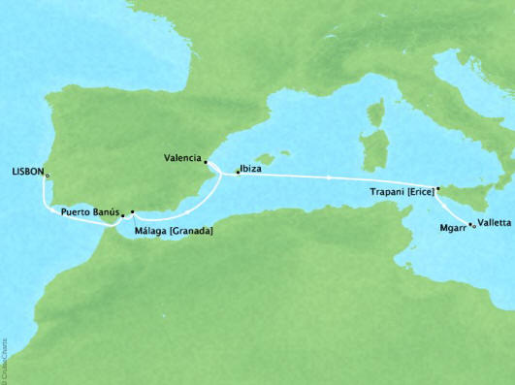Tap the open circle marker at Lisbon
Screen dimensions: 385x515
[x=47, y=176]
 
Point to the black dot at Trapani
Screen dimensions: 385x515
[x=438, y=189]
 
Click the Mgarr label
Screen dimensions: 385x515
[x=451, y=225]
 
